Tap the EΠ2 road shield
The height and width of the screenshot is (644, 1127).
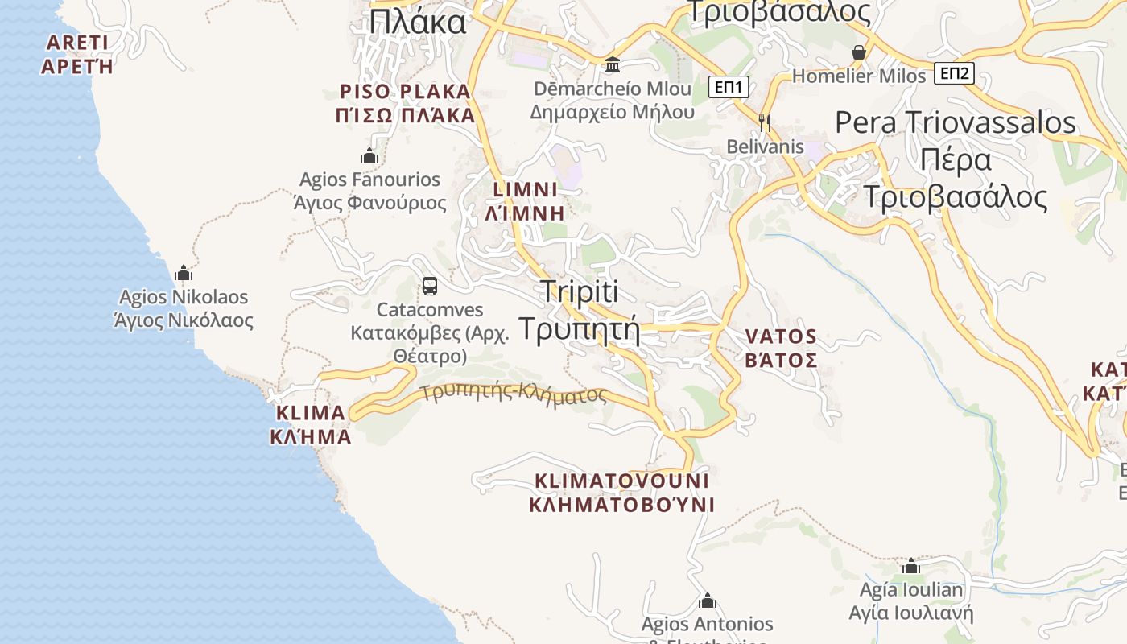(955, 74)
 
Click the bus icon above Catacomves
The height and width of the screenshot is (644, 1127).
(430, 285)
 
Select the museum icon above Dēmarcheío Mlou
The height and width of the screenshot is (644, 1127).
(613, 64)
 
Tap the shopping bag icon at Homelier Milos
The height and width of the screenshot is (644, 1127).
(859, 52)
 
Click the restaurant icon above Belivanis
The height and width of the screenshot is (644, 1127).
(765, 122)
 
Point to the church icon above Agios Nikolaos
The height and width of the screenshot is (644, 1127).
(184, 273)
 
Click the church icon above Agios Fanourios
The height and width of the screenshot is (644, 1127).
(369, 155)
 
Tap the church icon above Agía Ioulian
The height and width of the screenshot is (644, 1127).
(911, 566)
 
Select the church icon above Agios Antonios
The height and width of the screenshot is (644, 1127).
(708, 601)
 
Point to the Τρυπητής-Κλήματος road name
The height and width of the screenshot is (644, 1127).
(514, 393)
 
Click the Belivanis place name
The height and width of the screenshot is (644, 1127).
(765, 147)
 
